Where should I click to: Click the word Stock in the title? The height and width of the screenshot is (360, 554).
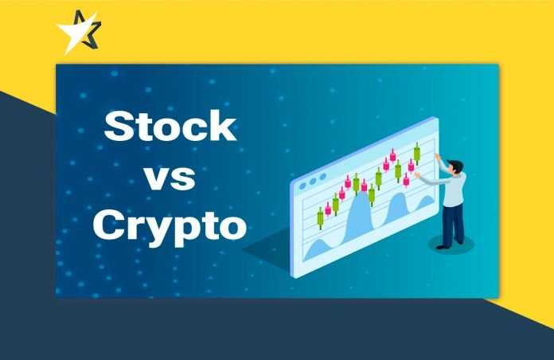170,127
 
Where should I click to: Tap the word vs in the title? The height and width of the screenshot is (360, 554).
170,178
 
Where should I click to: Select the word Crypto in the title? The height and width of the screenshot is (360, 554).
170,226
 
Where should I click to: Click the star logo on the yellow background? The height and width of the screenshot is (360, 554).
79,32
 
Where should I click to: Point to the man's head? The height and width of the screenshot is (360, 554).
455,167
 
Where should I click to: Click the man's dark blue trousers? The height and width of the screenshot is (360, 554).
453,224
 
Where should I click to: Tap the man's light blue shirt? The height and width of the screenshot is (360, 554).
451,188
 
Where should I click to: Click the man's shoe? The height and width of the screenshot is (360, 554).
442,247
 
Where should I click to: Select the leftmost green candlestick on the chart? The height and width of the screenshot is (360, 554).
320,218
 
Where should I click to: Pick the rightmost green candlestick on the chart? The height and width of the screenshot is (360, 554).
417,155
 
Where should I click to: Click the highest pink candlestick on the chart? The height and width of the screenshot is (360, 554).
392,155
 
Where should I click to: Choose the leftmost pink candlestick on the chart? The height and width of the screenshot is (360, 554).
328,209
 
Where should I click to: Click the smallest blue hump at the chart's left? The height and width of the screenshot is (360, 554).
318,248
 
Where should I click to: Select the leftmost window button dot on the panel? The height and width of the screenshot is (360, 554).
302,186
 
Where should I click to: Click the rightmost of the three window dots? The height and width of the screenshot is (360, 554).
322,177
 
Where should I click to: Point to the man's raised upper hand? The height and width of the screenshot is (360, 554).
438,157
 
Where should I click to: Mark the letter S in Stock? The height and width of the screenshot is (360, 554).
117,127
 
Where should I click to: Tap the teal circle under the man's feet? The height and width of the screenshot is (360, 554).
451,245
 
